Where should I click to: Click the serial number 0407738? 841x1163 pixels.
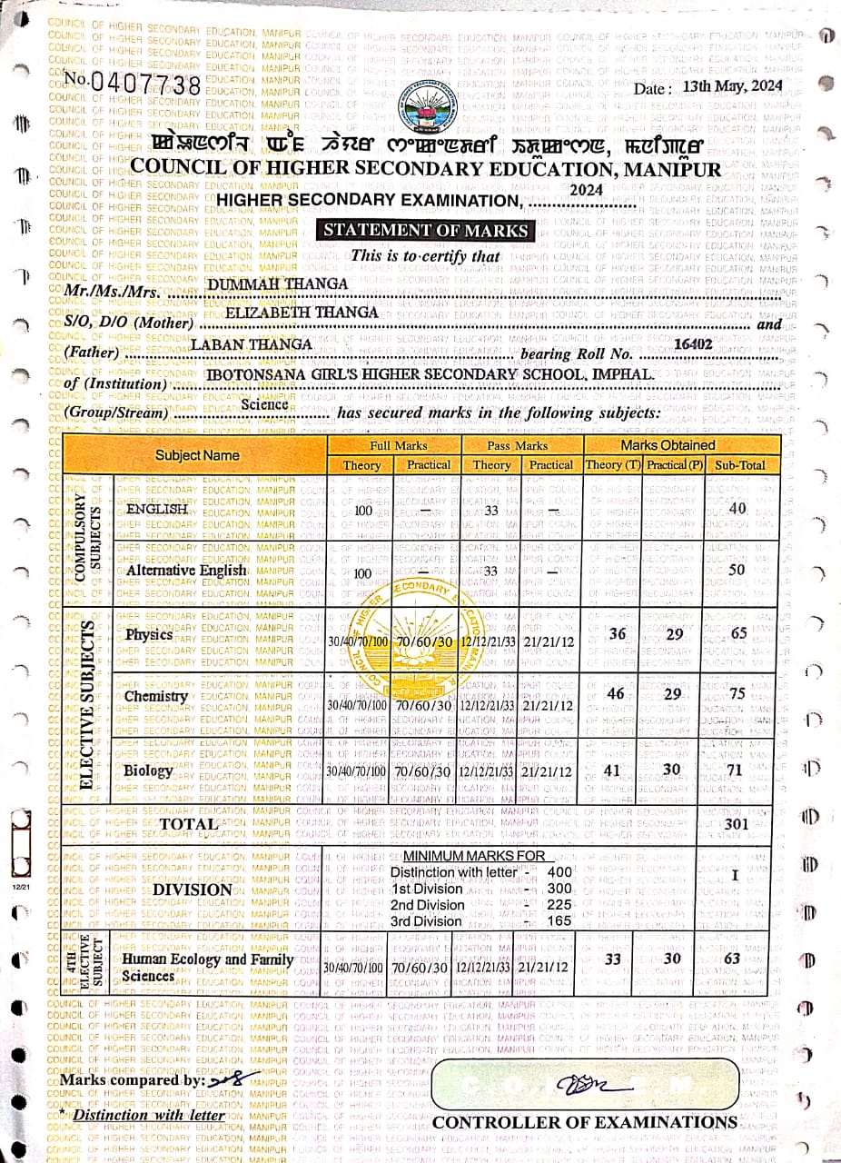click(x=145, y=84)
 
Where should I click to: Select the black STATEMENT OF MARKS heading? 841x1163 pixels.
click(x=427, y=230)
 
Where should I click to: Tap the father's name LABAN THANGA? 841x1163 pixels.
click(x=252, y=344)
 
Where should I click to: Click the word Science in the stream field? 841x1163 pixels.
click(x=264, y=404)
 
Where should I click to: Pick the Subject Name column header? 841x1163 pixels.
click(x=197, y=454)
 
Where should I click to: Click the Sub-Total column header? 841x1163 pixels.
click(x=740, y=465)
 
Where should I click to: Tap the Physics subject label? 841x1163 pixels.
click(x=149, y=634)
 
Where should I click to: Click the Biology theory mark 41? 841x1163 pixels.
click(x=612, y=770)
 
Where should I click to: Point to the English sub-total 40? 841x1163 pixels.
click(x=737, y=509)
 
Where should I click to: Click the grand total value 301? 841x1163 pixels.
click(x=737, y=823)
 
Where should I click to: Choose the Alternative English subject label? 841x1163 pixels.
click(x=187, y=571)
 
